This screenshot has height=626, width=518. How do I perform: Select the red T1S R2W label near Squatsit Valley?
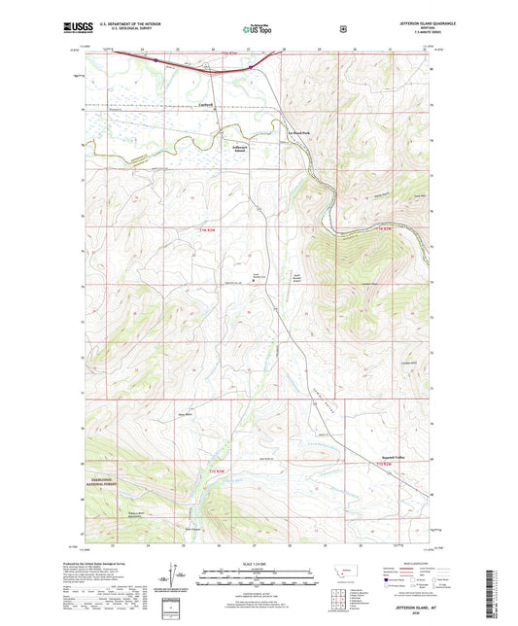coord(385,467)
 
